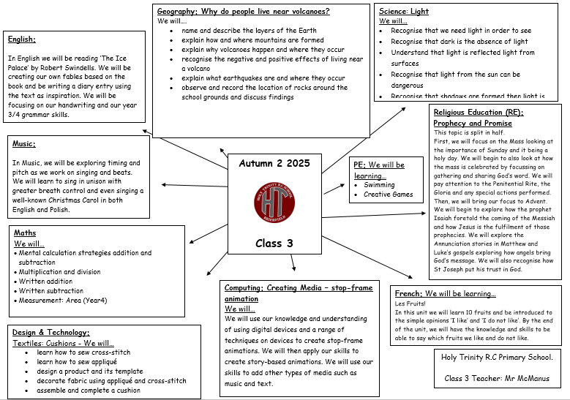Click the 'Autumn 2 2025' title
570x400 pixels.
pos(274,163)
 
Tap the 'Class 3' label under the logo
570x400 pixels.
pos(274,243)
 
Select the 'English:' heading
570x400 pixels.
pos(22,39)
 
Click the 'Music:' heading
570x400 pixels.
pos(24,144)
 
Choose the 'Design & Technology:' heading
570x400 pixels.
pos(50,332)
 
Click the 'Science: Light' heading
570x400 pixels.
pos(404,11)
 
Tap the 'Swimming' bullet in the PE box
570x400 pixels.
pos(379,185)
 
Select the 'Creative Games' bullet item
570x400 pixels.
pos(388,195)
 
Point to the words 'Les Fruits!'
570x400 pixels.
pos(410,303)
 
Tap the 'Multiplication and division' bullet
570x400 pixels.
pos(59,271)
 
